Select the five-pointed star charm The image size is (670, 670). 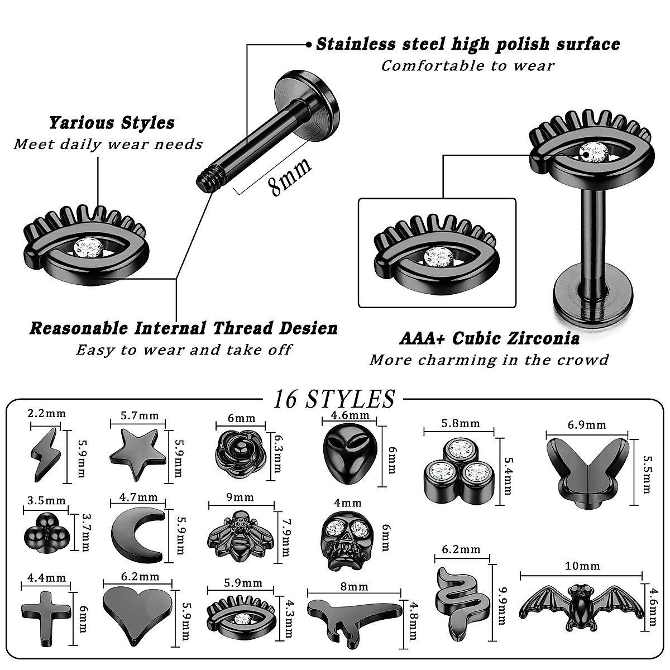(x=138, y=451)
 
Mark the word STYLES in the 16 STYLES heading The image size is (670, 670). (x=351, y=399)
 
